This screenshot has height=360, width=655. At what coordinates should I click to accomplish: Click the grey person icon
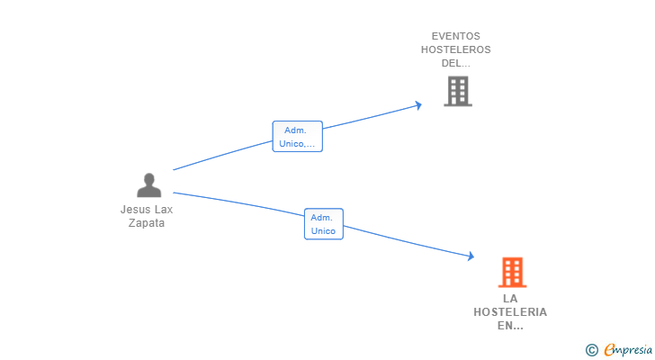click(148, 185)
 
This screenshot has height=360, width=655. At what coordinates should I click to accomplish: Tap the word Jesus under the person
click(135, 210)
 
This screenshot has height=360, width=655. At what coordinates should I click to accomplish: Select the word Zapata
click(147, 223)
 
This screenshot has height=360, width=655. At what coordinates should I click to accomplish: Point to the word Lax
click(163, 210)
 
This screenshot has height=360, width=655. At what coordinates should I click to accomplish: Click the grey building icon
click(457, 91)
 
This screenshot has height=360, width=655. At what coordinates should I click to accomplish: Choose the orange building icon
click(511, 272)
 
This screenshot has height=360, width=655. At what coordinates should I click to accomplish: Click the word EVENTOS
click(456, 37)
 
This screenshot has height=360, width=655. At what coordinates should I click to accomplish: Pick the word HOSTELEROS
click(456, 50)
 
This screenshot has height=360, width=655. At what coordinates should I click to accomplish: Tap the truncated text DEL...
click(456, 64)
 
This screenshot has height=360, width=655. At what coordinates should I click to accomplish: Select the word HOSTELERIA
click(510, 312)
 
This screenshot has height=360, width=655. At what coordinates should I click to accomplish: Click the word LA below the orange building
click(510, 299)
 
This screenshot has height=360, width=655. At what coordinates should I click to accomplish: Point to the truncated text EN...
click(510, 326)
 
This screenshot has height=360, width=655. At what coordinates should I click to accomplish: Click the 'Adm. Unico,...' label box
click(297, 137)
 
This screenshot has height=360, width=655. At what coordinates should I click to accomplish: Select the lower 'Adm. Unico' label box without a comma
click(323, 224)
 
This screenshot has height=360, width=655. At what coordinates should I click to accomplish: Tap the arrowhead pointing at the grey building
click(418, 105)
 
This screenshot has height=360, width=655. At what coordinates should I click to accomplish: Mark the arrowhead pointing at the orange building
click(471, 257)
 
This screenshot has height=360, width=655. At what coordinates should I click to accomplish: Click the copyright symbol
click(591, 350)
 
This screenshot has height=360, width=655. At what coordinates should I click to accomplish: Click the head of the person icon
click(148, 179)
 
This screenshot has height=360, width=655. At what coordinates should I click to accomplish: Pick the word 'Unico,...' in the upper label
click(297, 144)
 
